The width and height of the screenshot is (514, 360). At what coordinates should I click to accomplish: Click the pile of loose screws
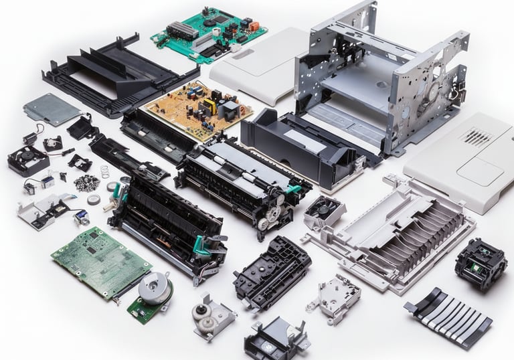click(87, 183)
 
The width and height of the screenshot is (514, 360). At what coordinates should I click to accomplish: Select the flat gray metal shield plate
click(52, 108)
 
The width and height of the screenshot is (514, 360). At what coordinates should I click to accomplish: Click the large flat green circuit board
click(100, 260)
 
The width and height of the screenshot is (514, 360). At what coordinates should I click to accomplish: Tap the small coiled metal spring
click(105, 172)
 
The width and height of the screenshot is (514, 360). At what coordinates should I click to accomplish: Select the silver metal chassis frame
click(381, 74)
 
